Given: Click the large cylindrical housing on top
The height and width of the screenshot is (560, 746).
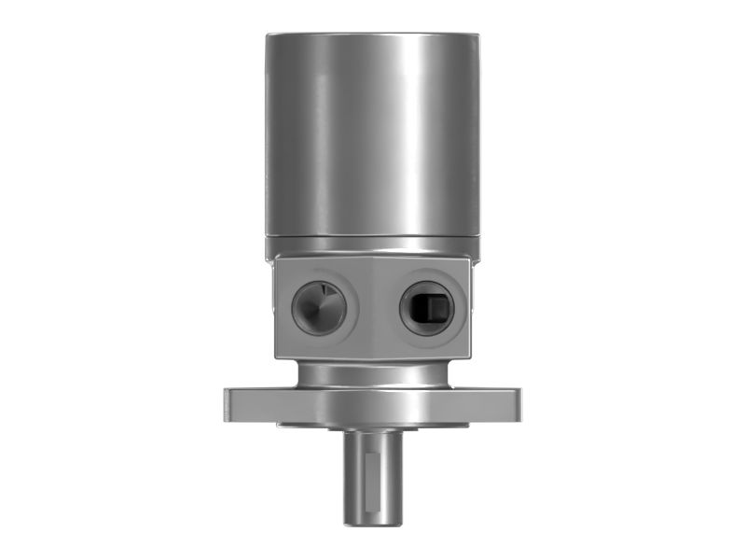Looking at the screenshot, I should coord(373,140).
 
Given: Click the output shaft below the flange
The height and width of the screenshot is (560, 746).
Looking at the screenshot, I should coord(374,476).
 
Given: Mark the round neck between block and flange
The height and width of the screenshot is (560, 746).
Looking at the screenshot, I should coord(373,373).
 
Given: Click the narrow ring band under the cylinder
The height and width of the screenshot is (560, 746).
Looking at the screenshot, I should coord(373,247).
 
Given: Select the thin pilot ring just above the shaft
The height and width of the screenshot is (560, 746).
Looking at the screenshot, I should coord(373,425).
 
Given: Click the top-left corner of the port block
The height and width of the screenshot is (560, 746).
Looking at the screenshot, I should coord(276,264).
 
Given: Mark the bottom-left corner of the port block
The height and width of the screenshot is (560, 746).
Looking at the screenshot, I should coord(278,357).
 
